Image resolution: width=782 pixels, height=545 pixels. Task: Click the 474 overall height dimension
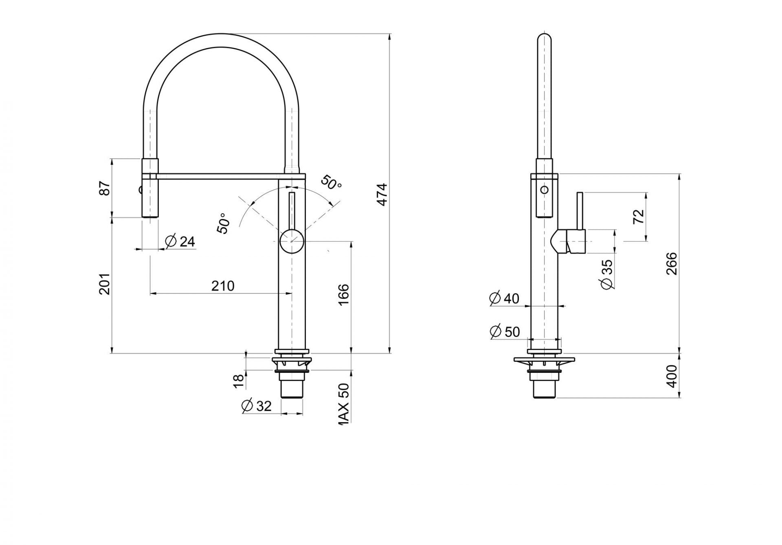coord(382,195)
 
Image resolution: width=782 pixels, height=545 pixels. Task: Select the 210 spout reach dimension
coord(223,286)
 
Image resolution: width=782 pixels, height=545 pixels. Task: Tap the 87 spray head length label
coord(104,189)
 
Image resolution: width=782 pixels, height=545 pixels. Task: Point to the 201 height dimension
coord(104,284)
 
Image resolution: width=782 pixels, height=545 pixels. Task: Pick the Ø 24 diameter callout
coord(180,241)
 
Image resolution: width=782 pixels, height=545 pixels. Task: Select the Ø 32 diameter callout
coord(256,405)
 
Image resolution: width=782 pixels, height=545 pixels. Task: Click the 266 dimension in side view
coord(671,263)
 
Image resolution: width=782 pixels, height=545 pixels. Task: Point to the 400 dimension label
coord(672,376)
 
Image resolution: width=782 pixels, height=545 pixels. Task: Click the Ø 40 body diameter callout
coord(504,298)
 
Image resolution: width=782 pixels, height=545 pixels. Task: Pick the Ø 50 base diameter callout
coord(505,332)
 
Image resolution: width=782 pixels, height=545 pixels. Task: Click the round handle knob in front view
coord(292,241)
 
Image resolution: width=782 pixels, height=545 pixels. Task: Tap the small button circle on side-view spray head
coord(544,190)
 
